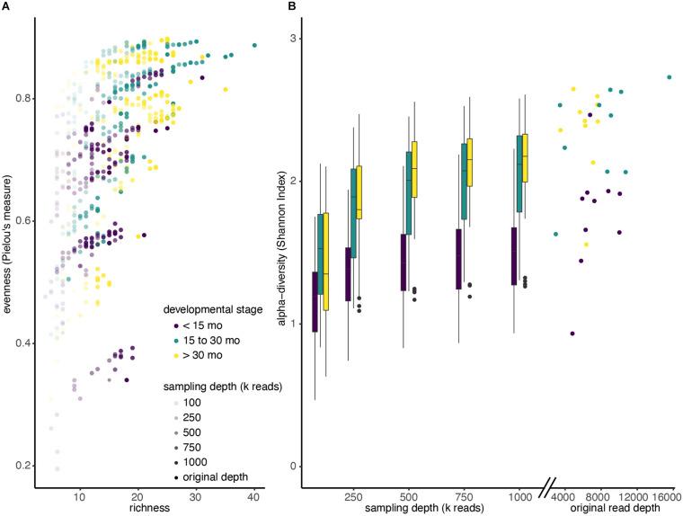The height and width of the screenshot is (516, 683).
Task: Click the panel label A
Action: (6, 6)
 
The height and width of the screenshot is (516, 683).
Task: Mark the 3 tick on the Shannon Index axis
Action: (293, 39)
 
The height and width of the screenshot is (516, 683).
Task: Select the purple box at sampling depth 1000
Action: (513, 256)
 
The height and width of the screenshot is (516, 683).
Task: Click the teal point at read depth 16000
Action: (670, 77)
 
